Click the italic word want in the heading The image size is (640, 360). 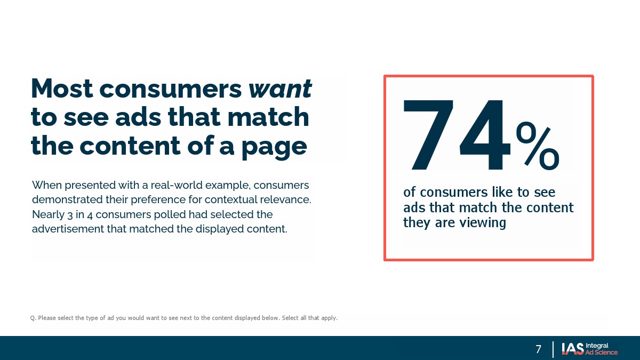tap(280, 89)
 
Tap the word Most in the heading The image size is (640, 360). tap(62, 89)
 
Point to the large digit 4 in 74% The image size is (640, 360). tap(485, 134)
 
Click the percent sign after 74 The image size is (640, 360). tap(538, 146)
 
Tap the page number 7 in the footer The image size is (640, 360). tap(538, 349)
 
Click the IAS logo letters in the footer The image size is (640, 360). tap(573, 349)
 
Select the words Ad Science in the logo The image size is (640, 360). tap(601, 353)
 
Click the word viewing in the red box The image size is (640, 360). tap(484, 222)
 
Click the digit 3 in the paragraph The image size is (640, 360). tap(70, 215)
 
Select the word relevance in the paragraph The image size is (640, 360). tap(285, 199)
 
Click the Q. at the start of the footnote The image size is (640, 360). tap(33, 318)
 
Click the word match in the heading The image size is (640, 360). tap(268, 117)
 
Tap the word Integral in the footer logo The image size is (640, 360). tap(597, 346)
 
